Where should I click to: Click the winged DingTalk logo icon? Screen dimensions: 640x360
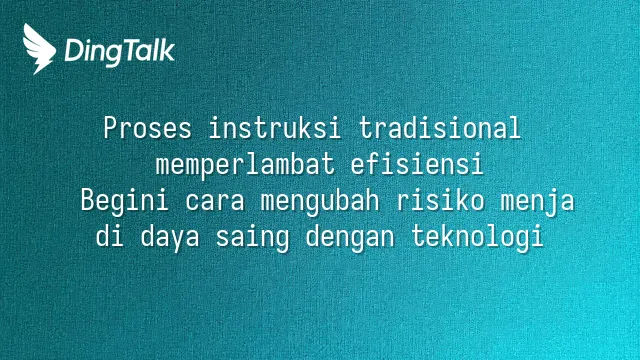[39, 49]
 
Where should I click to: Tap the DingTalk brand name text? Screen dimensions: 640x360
[120, 52]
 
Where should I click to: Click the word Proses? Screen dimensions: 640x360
[147, 128]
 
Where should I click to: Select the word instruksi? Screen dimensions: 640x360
[275, 128]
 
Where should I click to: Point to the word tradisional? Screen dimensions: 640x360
[440, 128]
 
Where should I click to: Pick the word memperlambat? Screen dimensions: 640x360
[245, 164]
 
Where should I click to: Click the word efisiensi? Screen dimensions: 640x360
[417, 164]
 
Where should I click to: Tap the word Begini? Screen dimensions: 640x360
[125, 201]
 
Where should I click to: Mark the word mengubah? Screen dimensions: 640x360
[320, 201]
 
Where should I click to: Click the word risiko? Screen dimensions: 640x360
[440, 200]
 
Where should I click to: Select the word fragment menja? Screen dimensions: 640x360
[538, 202]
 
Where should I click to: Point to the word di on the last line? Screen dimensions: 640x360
[110, 236]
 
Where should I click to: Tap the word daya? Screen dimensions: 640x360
[170, 238]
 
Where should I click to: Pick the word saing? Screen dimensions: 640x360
[253, 238]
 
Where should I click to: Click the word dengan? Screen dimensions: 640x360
[350, 238]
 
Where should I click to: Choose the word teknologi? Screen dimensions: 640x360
[477, 238]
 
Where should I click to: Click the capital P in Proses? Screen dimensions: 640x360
[110, 128]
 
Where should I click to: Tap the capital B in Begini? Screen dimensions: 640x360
[88, 201]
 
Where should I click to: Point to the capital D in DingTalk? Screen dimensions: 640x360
[74, 51]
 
